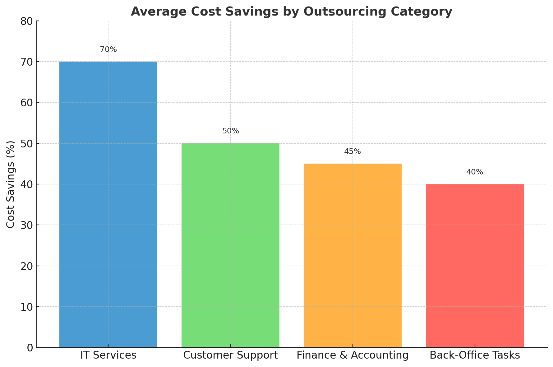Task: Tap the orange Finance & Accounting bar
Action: (353, 255)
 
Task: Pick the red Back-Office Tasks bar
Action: (475, 266)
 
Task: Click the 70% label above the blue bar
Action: (108, 49)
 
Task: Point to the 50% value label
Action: (230, 131)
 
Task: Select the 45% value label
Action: (353, 151)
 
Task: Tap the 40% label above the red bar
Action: (475, 172)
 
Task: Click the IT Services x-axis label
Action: (108, 355)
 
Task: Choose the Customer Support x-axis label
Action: (230, 355)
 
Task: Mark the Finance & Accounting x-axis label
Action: (353, 355)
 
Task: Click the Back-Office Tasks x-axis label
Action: (475, 355)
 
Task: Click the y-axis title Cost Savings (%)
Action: (11, 184)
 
